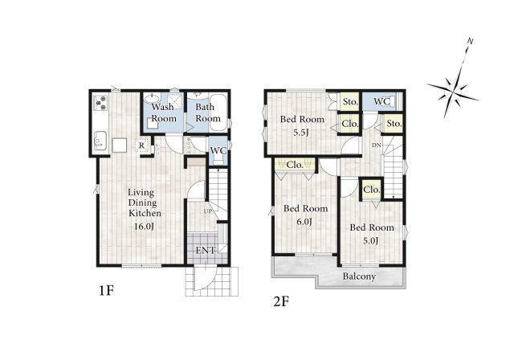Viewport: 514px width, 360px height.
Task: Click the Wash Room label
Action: coord(164,112)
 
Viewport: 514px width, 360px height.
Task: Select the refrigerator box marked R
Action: coord(141,145)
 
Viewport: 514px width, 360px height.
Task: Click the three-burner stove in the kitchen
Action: coord(100,103)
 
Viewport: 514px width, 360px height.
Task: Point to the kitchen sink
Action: coord(100,141)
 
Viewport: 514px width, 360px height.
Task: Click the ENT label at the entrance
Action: coord(206,251)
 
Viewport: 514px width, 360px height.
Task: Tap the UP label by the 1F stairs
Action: coord(208,211)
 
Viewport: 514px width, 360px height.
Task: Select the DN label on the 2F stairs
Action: coord(377,145)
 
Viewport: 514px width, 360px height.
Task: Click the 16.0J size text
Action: coord(145,227)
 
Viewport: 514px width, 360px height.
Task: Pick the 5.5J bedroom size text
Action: coord(302,133)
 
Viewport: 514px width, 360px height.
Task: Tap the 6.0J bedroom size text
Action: coord(304,222)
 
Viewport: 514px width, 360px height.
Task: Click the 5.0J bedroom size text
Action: coord(371,241)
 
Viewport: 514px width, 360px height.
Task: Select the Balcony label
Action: coord(359,276)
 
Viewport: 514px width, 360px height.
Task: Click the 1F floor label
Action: coord(107,291)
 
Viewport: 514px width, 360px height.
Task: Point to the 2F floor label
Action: coord(281,301)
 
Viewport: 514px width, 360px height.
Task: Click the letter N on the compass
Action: coord(470,41)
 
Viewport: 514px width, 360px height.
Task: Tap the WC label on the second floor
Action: coord(381,101)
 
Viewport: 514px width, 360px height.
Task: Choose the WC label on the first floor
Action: coord(218,151)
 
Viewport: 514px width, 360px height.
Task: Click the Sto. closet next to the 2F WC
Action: coord(350,101)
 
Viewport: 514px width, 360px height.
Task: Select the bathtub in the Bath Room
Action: coord(218,112)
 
